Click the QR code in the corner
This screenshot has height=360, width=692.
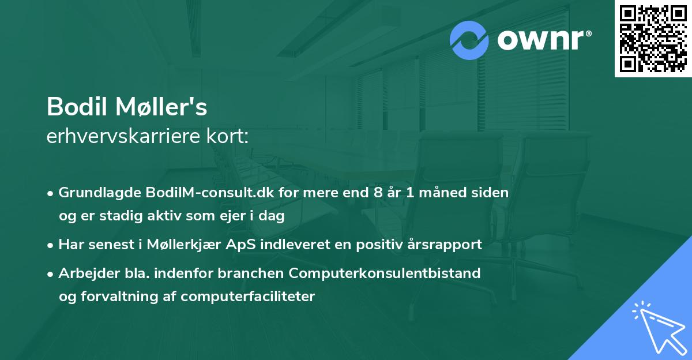(x=653, y=39)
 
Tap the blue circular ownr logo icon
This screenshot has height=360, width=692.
(x=469, y=40)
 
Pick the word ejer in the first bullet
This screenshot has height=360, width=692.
(x=232, y=216)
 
